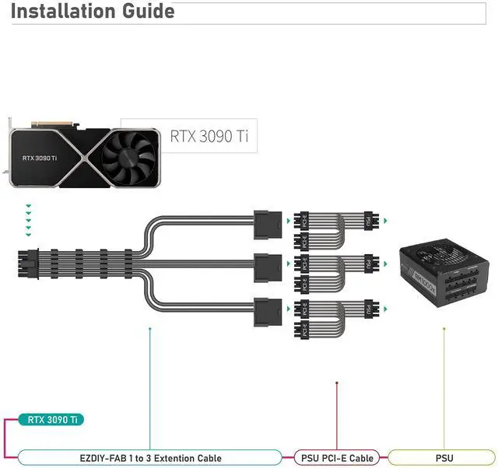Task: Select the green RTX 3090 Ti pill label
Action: click(53, 420)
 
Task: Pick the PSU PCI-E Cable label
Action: click(337, 458)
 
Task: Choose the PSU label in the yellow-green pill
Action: click(444, 458)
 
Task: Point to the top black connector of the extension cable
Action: click(267, 222)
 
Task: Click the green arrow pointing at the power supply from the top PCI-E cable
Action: click(385, 222)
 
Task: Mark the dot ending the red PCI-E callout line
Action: click(337, 383)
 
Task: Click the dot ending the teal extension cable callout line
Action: click(149, 328)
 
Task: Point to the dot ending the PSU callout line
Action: click(444, 328)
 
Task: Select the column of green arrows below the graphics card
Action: click(28, 220)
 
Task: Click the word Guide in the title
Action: click(143, 12)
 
